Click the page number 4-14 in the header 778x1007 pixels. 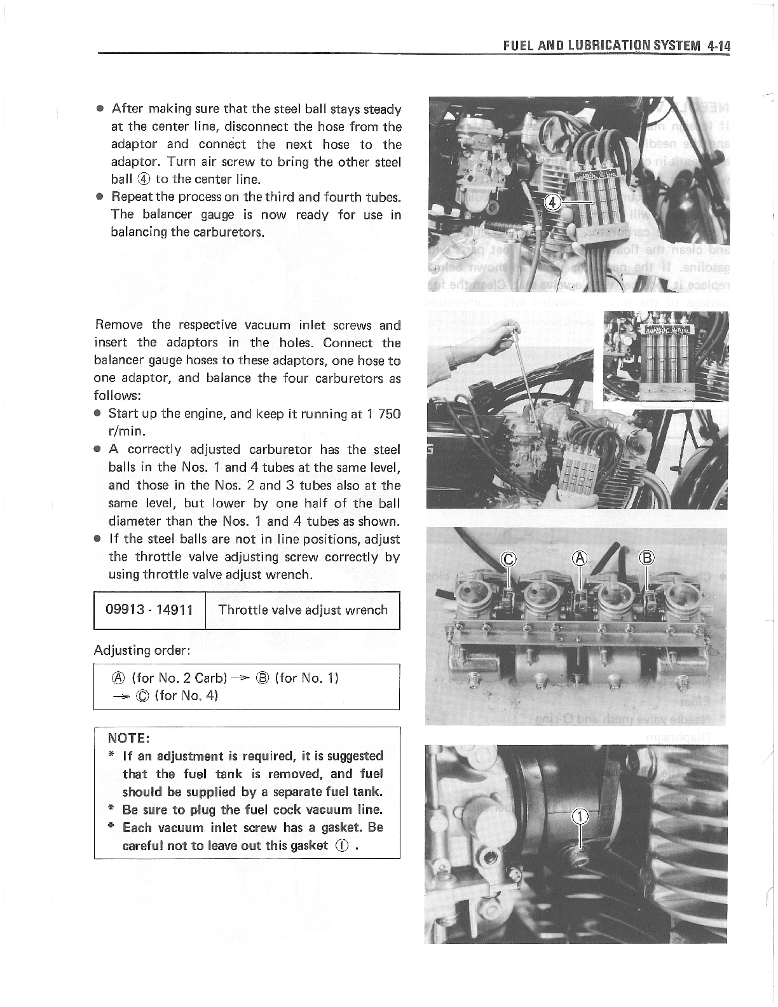717,46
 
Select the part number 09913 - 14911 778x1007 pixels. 149,610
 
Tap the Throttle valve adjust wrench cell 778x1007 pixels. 303,610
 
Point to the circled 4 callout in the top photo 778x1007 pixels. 554,202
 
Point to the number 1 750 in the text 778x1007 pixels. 381,414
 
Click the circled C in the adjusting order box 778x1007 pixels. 143,695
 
